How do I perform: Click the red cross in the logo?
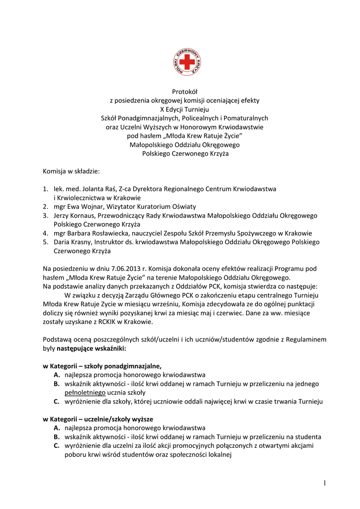point(187,62)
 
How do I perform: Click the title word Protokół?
point(184,91)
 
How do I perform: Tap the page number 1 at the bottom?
point(324,483)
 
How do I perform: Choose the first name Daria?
point(63,242)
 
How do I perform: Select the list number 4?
point(45,233)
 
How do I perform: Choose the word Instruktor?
point(101,242)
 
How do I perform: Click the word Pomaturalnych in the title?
point(243,118)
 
